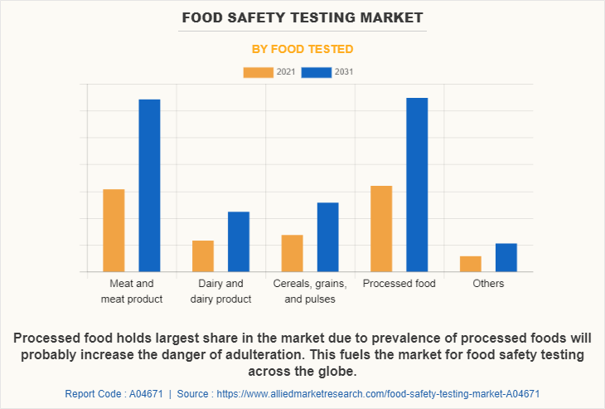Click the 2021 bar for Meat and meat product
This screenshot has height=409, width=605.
click(x=114, y=231)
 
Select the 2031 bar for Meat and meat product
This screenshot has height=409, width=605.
click(x=149, y=186)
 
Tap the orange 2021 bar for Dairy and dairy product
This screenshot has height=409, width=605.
click(x=203, y=256)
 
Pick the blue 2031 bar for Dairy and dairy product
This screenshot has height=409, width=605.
click(x=239, y=241)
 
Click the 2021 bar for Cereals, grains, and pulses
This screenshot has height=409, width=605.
click(x=292, y=253)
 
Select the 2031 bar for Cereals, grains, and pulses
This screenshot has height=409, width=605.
click(x=327, y=237)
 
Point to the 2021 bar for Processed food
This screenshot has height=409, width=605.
click(x=381, y=229)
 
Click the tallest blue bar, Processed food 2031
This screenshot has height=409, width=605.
click(x=417, y=185)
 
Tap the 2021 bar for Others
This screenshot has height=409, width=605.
click(x=471, y=264)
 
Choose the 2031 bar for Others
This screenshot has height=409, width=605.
click(x=506, y=257)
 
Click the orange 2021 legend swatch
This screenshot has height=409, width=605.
click(x=258, y=72)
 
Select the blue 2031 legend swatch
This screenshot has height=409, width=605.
click(x=316, y=72)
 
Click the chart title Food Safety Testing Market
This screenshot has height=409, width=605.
click(x=302, y=17)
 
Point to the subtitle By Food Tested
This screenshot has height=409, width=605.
click(x=302, y=49)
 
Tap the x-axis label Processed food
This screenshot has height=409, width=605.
click(x=399, y=284)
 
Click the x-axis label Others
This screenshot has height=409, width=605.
click(x=488, y=284)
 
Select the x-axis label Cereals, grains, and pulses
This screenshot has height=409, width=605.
click(x=310, y=291)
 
